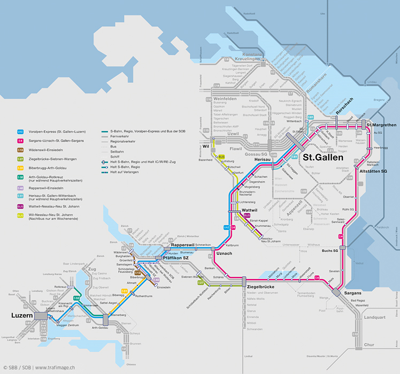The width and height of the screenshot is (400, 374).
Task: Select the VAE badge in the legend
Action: pyautogui.click(x=20, y=131)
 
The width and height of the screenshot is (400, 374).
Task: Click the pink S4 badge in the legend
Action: pyautogui.click(x=20, y=141)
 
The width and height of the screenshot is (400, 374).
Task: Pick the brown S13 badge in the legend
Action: pyautogui.click(x=20, y=150)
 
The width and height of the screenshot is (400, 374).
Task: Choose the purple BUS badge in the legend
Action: pyautogui.click(x=20, y=206)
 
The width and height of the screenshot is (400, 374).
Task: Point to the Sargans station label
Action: pyautogui.click(x=352, y=293)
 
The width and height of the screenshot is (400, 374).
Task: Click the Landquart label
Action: pyautogui.click(x=375, y=317)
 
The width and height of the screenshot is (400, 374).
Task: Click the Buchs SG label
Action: pyautogui.click(x=329, y=251)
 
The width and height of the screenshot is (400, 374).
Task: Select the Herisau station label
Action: pyautogui.click(x=263, y=159)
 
